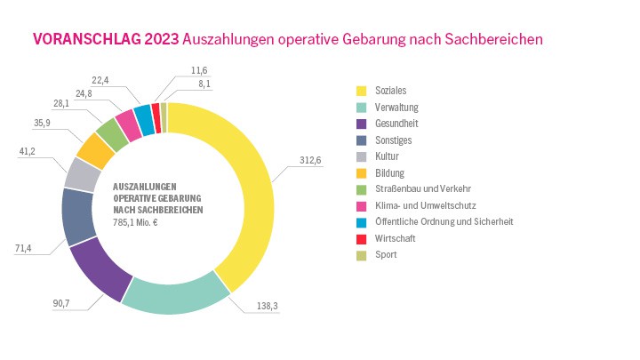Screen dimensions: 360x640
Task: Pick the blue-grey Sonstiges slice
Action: (x=78, y=215)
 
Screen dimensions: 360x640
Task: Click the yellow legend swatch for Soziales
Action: (x=362, y=92)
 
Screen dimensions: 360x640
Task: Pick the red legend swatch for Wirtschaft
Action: (x=362, y=237)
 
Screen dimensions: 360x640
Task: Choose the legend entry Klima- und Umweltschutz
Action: (x=426, y=204)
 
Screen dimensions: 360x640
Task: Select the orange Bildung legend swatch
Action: (x=362, y=172)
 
